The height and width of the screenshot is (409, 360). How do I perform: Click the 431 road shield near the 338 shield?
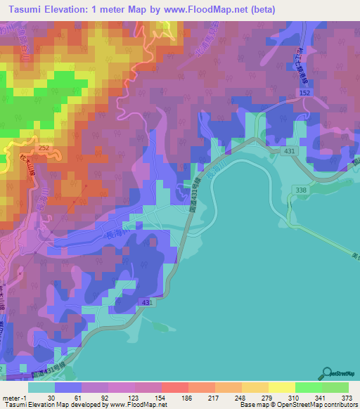tap(289, 151)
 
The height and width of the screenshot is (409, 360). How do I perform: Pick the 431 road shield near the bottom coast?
tap(145, 302)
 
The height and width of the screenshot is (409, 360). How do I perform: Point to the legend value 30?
tap(51, 397)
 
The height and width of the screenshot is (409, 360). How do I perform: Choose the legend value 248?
tap(230, 397)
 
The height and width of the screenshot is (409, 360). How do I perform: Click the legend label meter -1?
tap(13, 397)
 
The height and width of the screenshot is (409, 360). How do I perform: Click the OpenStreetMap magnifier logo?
tap(327, 372)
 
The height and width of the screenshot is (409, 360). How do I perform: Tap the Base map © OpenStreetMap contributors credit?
tap(297, 405)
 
